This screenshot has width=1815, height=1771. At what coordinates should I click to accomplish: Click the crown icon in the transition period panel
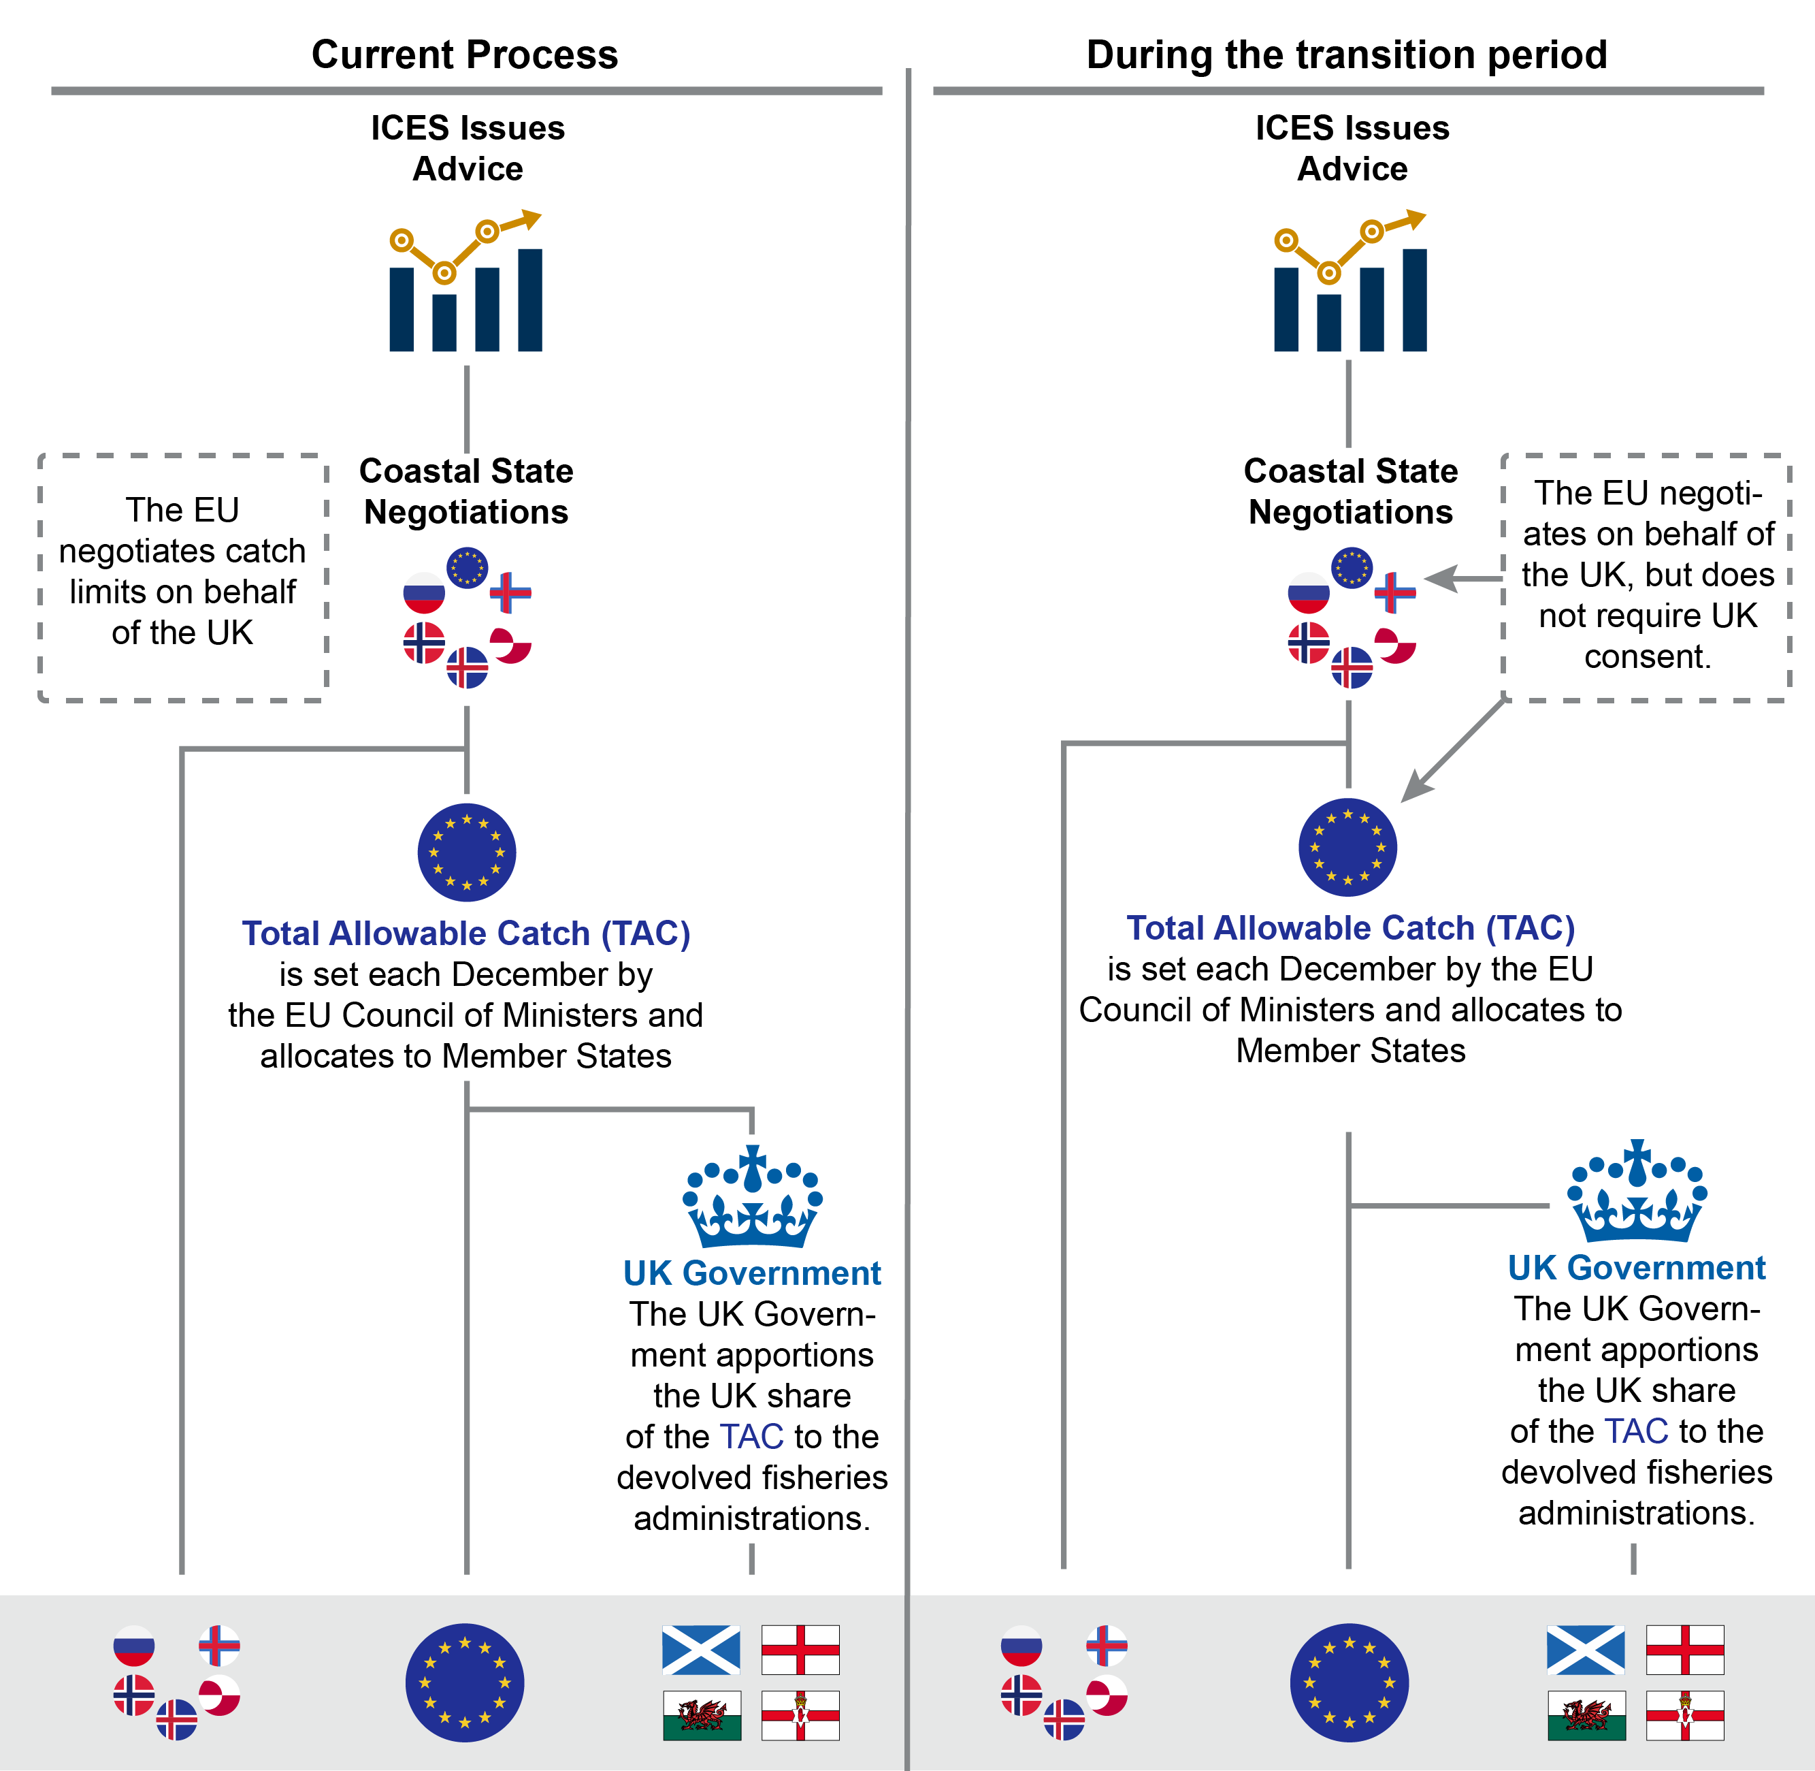pyautogui.click(x=1637, y=1192)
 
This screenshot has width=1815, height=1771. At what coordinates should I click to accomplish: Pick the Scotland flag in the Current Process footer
pyautogui.click(x=701, y=1650)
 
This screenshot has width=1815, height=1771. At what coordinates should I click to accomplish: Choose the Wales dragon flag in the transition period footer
pyautogui.click(x=1586, y=1715)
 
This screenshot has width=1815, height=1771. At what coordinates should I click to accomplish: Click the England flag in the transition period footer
pyautogui.click(x=1685, y=1650)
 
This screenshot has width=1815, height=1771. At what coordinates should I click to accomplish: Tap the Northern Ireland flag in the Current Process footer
pyautogui.click(x=800, y=1715)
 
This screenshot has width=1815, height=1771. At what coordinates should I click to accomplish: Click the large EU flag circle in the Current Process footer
pyautogui.click(x=465, y=1682)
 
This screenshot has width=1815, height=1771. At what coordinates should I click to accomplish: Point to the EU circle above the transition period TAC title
pyautogui.click(x=1347, y=847)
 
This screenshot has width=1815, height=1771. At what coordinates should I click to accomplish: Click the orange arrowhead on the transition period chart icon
pyautogui.click(x=1415, y=219)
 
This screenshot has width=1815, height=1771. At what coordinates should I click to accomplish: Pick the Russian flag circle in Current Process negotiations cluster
pyautogui.click(x=424, y=592)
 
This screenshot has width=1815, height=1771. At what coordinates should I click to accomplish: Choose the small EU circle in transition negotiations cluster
pyautogui.click(x=1351, y=567)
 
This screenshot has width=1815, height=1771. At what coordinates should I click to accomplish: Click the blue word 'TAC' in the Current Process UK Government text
pyautogui.click(x=752, y=1436)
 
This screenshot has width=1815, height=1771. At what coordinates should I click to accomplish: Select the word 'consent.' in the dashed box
pyautogui.click(x=1648, y=656)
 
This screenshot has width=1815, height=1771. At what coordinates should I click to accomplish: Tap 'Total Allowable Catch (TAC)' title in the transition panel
pyautogui.click(x=1350, y=927)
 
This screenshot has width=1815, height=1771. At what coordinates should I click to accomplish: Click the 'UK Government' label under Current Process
pyautogui.click(x=752, y=1273)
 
